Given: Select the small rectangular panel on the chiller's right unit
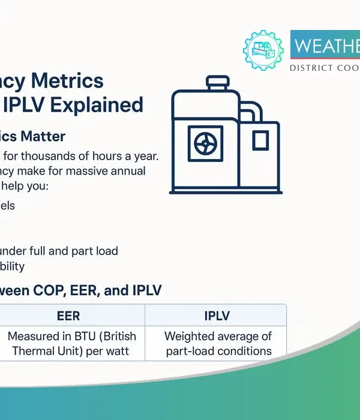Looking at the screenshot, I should click(260, 140).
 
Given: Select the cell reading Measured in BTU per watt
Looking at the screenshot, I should click(72, 343).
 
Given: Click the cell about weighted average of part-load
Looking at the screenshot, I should click(218, 343).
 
